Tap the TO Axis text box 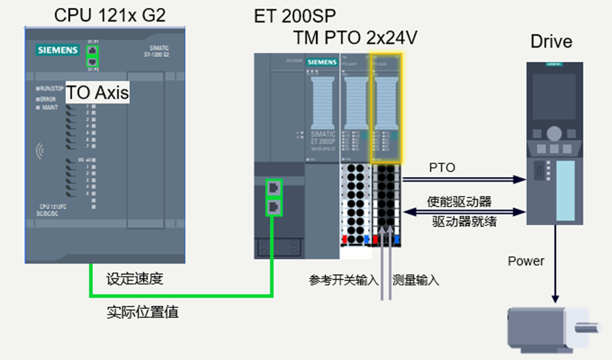pyautogui.click(x=98, y=93)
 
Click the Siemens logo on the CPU pyautogui.click(x=58, y=50)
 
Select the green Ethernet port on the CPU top pyautogui.click(x=92, y=55)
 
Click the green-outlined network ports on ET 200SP pyautogui.click(x=274, y=197)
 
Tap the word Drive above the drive pyautogui.click(x=551, y=42)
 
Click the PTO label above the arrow pyautogui.click(x=441, y=168)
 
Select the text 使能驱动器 pyautogui.click(x=459, y=202)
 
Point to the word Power pyautogui.click(x=526, y=261)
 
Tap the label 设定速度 pyautogui.click(x=135, y=279)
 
